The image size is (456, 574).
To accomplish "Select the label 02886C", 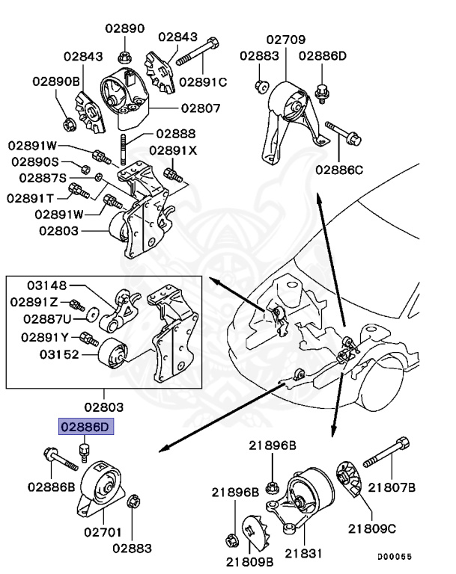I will pos(338,170).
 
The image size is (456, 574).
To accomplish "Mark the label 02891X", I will pos(173,149).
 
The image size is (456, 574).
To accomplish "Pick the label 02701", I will pos(103,532).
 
